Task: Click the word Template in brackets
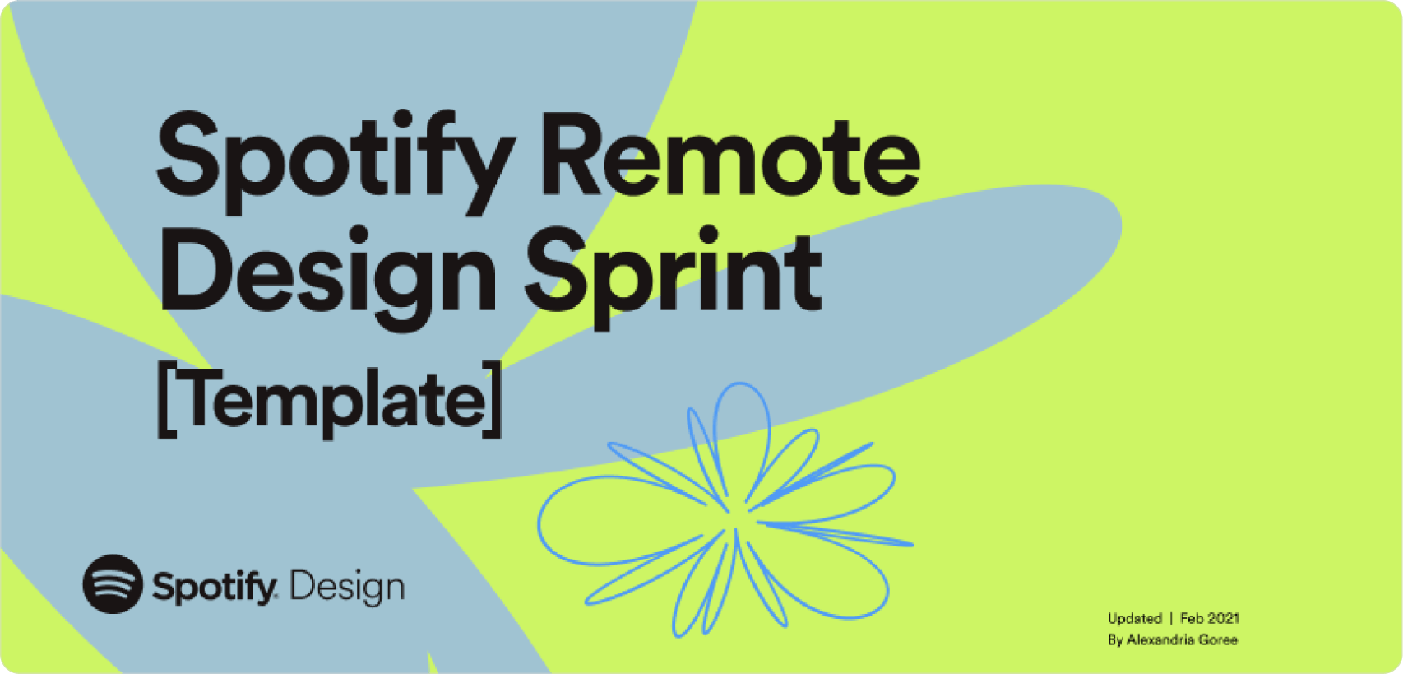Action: (x=329, y=399)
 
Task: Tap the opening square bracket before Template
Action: (x=165, y=399)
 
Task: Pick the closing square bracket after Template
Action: (x=493, y=399)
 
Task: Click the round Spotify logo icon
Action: (x=113, y=583)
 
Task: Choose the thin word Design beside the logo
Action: (x=347, y=588)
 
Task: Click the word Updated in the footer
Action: (x=1134, y=618)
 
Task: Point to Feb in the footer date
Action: (x=1192, y=618)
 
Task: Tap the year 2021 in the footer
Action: (x=1224, y=618)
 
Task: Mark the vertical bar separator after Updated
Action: (x=1171, y=618)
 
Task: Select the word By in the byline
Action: (x=1115, y=639)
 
